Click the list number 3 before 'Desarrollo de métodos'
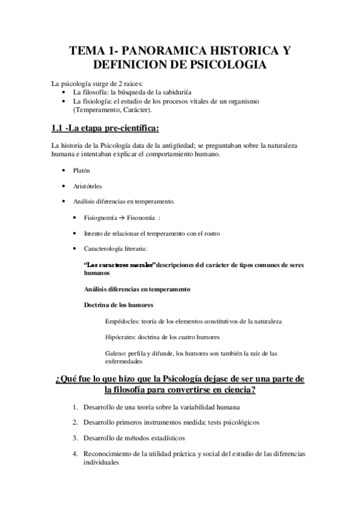[76, 437]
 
